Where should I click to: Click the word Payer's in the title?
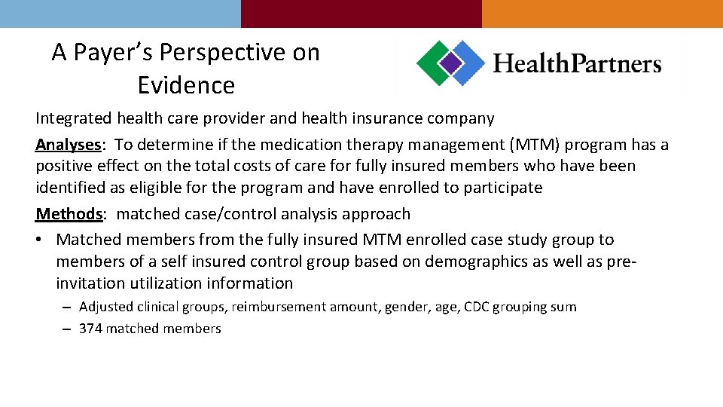[116, 53]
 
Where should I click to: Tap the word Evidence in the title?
[186, 86]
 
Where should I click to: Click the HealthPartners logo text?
[577, 64]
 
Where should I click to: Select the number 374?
[90, 329]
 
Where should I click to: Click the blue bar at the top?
[120, 14]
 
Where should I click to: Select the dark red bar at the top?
[361, 14]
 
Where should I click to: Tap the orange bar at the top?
[602, 14]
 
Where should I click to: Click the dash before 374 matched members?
[67, 329]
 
